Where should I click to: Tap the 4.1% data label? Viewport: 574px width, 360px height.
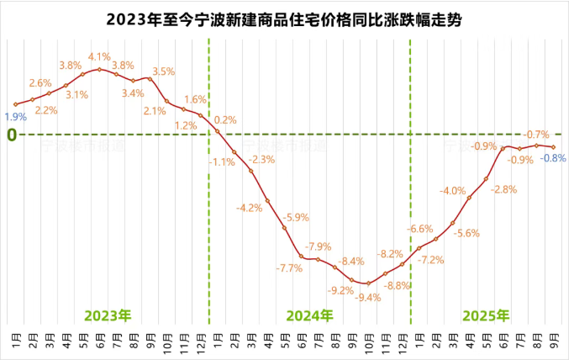[x=99, y=56]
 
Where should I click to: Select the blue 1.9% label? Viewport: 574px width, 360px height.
[x=15, y=118]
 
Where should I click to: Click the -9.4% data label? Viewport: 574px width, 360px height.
[x=368, y=297]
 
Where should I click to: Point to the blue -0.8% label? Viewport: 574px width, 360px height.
[x=553, y=157]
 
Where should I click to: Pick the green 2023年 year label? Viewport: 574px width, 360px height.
[x=108, y=315]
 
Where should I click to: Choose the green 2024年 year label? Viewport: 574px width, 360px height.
[x=309, y=315]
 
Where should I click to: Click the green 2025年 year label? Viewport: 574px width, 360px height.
[x=486, y=315]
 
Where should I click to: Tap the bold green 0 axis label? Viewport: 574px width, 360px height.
[x=12, y=135]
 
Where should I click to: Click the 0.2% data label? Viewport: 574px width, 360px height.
[x=225, y=120]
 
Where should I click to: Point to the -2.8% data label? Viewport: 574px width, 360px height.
[x=504, y=189]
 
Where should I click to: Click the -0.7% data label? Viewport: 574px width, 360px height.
[x=536, y=134]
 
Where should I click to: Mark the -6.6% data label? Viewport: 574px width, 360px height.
[x=420, y=229]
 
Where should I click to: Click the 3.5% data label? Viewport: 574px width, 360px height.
[x=163, y=71]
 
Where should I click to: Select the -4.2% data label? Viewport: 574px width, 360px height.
[x=250, y=208]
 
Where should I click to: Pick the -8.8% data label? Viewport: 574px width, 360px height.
[x=397, y=285]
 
